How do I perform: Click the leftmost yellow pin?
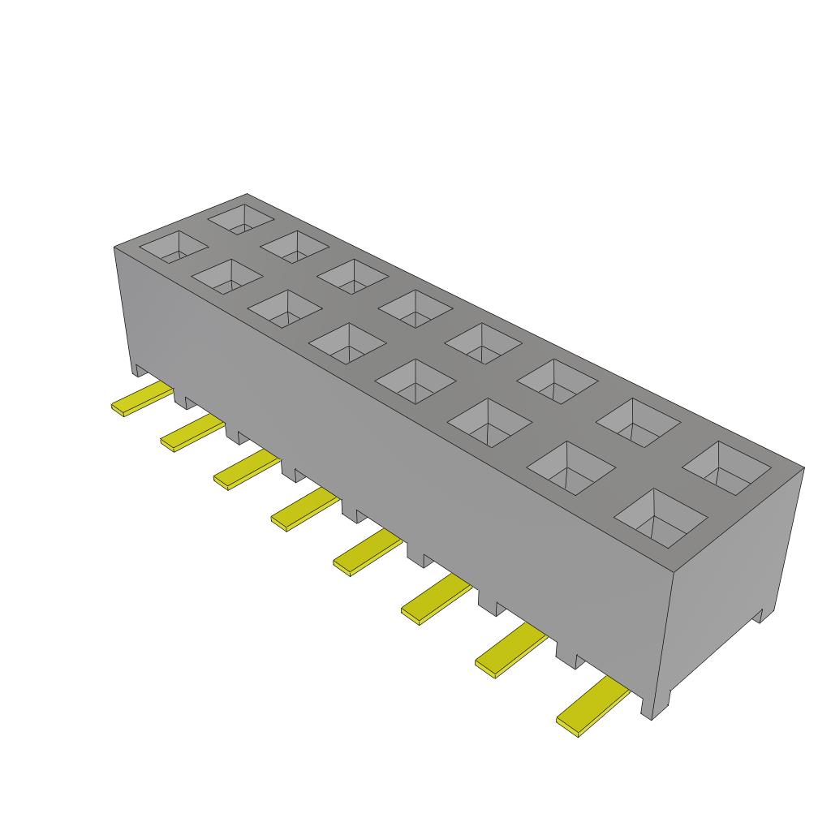(142, 400)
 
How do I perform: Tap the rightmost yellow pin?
(592, 708)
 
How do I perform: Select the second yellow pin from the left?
(192, 433)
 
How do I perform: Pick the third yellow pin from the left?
(245, 471)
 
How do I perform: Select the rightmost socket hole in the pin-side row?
(662, 518)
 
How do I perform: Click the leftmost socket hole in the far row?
(240, 217)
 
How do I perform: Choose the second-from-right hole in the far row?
(638, 423)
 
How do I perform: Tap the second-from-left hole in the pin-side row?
(226, 276)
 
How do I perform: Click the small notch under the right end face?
(758, 615)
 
